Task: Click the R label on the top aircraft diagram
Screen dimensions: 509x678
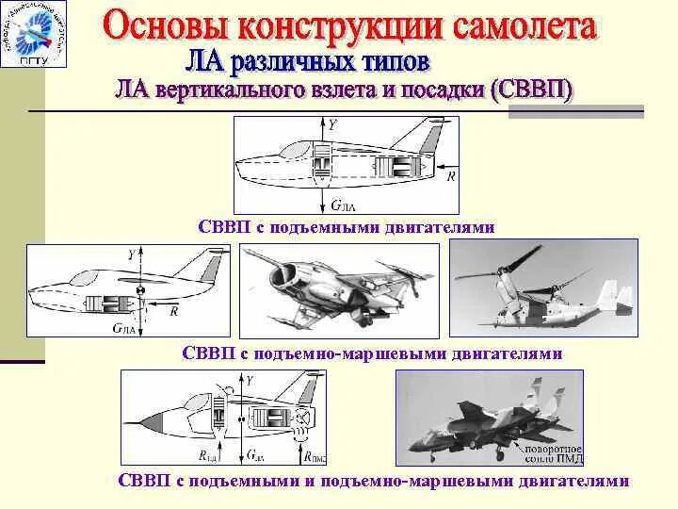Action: [451, 175]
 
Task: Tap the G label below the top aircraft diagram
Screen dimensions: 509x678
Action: [341, 203]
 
